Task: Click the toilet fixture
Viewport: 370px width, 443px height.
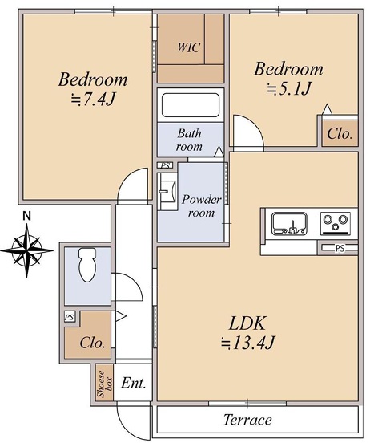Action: click(87, 265)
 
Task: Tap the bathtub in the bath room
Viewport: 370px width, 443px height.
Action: click(191, 105)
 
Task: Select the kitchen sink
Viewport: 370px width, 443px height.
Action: click(289, 224)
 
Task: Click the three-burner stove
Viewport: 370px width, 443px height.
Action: click(336, 223)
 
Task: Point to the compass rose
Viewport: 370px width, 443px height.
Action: click(27, 250)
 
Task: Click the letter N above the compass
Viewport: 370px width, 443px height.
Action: click(26, 216)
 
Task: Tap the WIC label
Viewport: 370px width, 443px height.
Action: click(189, 47)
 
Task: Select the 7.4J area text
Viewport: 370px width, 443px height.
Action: click(94, 100)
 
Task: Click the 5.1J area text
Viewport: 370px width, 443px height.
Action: click(288, 89)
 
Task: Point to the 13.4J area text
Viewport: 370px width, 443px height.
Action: click(247, 343)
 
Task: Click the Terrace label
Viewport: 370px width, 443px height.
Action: click(247, 420)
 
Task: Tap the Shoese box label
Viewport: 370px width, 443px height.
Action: click(105, 384)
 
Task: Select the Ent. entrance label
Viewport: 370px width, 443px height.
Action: click(134, 383)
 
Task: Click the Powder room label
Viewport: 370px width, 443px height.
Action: click(201, 206)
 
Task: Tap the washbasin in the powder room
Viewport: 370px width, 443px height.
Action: click(167, 191)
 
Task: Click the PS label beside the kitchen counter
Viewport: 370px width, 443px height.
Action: click(340, 248)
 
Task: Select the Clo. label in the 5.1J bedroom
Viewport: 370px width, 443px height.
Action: click(340, 134)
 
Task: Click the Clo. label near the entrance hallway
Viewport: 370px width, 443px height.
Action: click(92, 343)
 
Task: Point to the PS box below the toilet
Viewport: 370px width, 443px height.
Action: click(70, 317)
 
